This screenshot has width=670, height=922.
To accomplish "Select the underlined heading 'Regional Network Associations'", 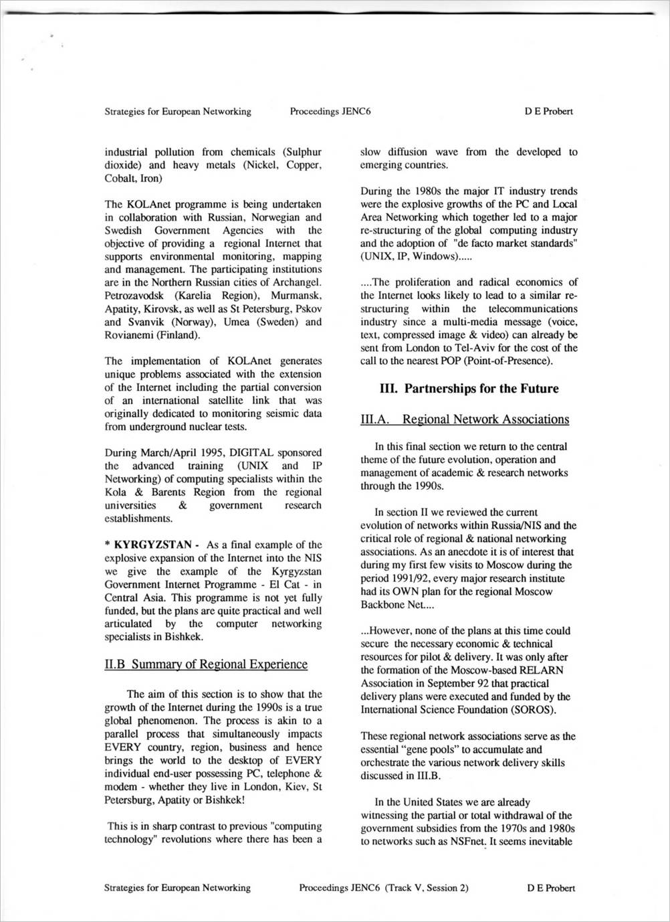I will click(x=486, y=420).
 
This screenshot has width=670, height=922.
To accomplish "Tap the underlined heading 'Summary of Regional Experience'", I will click(x=219, y=664).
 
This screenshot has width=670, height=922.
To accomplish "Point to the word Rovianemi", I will click(x=128, y=335).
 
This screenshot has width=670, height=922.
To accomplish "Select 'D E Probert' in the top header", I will click(x=548, y=111).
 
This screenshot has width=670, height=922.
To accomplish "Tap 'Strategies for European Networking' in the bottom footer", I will click(x=178, y=888).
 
